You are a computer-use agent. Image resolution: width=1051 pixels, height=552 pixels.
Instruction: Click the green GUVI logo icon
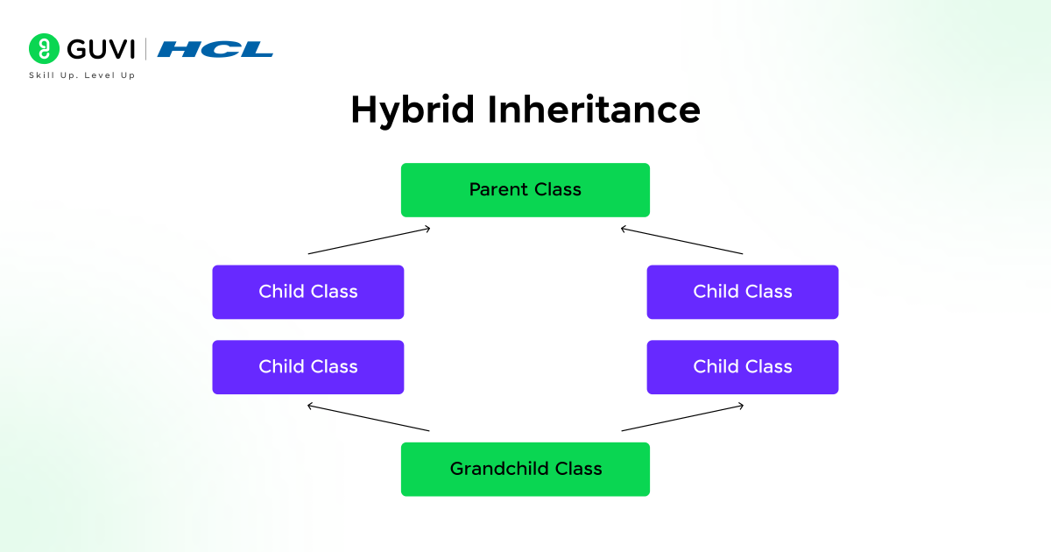44,49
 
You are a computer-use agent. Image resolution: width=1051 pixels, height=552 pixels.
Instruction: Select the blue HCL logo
215,50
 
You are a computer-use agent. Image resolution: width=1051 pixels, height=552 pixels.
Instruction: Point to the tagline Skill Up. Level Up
82,75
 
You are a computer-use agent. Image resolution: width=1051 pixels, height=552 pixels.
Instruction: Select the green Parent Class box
525,190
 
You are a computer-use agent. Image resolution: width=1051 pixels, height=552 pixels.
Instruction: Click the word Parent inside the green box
497,189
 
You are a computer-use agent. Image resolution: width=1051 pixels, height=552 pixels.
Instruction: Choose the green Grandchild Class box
525,469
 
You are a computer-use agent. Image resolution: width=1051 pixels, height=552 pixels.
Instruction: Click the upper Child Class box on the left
308,292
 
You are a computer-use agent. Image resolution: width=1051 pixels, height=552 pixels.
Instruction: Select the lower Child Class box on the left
308,367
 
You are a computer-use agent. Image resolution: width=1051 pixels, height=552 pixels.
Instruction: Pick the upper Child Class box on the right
743,292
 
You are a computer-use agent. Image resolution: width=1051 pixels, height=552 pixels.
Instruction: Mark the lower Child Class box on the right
743,367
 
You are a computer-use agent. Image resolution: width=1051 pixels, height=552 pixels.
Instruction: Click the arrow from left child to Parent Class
370,241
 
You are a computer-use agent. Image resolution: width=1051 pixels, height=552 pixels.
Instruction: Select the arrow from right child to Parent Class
681,241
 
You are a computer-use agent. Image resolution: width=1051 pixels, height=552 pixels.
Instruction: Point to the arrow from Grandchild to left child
368,418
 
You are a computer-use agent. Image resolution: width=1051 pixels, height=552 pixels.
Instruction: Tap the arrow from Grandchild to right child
683,418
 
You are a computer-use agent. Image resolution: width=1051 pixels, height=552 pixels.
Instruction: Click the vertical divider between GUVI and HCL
146,49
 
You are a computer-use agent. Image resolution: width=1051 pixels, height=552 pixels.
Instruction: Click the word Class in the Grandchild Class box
576,469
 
